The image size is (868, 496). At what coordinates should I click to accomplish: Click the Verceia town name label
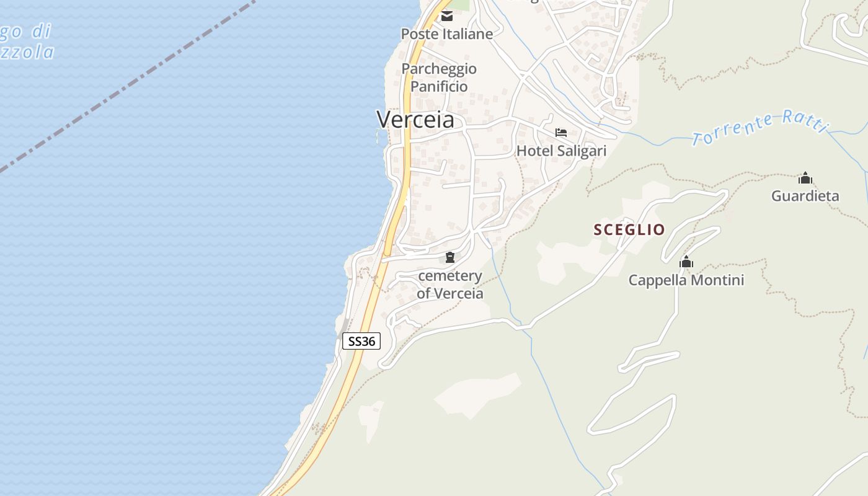[415, 119]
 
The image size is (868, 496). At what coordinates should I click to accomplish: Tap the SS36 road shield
[361, 341]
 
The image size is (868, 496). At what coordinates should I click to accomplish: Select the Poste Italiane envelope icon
[447, 16]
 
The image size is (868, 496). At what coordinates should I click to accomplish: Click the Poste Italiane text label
[446, 34]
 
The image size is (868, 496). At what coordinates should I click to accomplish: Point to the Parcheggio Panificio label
[439, 77]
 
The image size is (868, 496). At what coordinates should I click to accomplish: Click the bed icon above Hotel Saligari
[561, 133]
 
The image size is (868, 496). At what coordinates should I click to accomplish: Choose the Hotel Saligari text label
[561, 151]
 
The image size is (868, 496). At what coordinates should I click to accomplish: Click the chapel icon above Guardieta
[805, 179]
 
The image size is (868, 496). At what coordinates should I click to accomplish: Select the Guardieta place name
[805, 197]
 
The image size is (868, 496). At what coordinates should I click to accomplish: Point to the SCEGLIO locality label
[629, 230]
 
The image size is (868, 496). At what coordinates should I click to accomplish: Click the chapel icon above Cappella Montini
[686, 262]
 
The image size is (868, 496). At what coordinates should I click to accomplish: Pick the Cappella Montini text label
[686, 280]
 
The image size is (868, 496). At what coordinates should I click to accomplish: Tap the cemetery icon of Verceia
[450, 257]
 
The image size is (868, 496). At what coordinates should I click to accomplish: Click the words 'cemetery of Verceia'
[449, 285]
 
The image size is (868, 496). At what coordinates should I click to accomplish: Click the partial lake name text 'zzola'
[27, 52]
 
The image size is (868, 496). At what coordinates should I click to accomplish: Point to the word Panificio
[439, 86]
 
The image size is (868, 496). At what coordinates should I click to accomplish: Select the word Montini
[715, 280]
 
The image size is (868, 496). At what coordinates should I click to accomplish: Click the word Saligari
[580, 151]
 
